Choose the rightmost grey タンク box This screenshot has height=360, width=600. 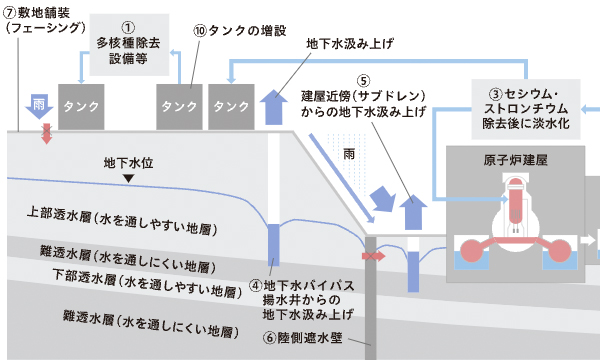click(231, 106)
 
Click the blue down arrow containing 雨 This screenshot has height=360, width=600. click(37, 104)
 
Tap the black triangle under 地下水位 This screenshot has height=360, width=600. click(126, 179)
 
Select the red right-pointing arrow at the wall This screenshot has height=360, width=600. click(371, 257)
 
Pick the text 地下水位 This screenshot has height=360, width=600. click(127, 162)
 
